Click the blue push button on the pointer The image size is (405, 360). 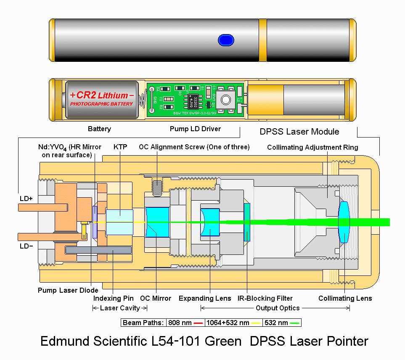tap(226, 40)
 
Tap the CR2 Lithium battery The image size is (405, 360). tap(102, 99)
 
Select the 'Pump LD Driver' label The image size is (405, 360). tap(195, 129)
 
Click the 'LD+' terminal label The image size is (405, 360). tap(26, 198)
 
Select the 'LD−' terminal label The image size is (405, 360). tap(26, 246)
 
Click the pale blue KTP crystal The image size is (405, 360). tap(120, 222)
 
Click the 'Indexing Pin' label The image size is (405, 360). tap(114, 298)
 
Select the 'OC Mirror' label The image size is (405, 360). tap(156, 298)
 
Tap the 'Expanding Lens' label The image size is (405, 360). tap(205, 298)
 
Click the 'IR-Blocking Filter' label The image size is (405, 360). tap(263, 298)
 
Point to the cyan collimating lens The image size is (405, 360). tap(344, 222)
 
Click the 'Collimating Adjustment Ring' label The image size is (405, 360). tap(312, 147)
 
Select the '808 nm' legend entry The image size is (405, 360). tap(180, 323)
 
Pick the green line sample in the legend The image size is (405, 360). tap(295, 323)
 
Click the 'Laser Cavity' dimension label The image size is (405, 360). tap(119, 308)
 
